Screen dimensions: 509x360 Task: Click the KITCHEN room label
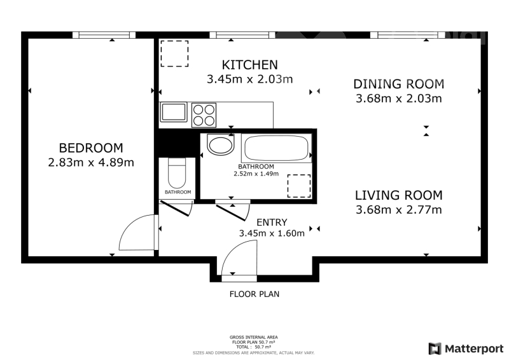coord(249,65)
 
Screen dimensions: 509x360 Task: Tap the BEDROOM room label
coord(91,148)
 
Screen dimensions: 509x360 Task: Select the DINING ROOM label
coord(399,84)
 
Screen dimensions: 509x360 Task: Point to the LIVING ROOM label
coord(399,195)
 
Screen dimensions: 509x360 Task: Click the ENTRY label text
coord(272,223)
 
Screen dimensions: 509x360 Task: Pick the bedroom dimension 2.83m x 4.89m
coord(91,162)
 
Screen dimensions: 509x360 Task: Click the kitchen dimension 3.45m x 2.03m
coord(249,80)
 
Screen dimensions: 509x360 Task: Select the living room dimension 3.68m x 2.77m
coord(399,210)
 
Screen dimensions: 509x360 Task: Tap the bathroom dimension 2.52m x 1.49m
coord(256,174)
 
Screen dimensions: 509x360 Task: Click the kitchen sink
coord(174,113)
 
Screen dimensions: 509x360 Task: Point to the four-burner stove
coord(204,115)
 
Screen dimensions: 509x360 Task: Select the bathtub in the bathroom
coord(276,148)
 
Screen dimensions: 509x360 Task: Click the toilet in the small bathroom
coord(177,173)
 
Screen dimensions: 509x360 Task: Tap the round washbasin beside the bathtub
coord(220,145)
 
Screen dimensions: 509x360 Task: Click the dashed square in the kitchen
coord(174,54)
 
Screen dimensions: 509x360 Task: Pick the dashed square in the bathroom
coord(299,186)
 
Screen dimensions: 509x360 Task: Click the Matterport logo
coord(466,349)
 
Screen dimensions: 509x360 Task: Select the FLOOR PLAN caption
coord(254,294)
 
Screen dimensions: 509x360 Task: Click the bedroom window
coord(104,35)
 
